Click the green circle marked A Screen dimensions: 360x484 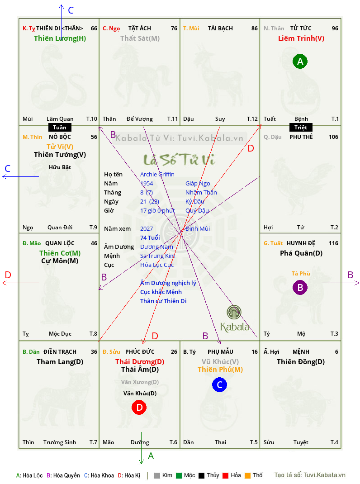tap(300, 62)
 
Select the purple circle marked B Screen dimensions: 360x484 tap(300, 287)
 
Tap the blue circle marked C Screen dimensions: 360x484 tap(219, 384)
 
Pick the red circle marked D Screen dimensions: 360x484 tap(139, 408)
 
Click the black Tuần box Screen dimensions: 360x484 tap(60, 128)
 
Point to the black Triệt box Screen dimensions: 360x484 tap(301, 128)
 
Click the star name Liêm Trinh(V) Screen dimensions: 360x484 tap(301, 38)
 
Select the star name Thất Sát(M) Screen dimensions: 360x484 tap(140, 38)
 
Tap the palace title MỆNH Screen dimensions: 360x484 tap(301, 352)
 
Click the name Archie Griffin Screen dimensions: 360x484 tap(157, 175)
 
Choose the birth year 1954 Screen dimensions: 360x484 tap(147, 183)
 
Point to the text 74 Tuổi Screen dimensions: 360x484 tap(150, 237)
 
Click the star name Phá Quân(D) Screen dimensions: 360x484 tap(301, 253)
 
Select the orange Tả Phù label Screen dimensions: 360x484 tap(301, 274)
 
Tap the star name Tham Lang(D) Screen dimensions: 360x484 tap(60, 362)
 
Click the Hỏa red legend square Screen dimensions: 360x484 tap(225, 475)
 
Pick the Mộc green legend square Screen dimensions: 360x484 tap(179, 475)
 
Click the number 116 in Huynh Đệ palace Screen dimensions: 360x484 tap(333, 243)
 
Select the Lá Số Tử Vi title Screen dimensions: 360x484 tap(180, 160)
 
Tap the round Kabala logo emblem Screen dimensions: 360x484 tap(234, 312)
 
